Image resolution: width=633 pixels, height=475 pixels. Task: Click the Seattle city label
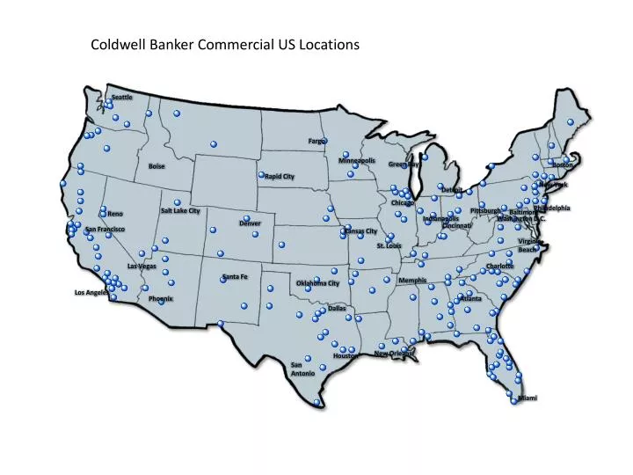coord(122,97)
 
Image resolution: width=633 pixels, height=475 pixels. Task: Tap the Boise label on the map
coord(156,166)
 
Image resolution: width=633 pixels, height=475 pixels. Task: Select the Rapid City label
coord(280,177)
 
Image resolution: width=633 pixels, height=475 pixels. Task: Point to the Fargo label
coord(317,141)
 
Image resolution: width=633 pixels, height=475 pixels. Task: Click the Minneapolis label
coord(357,161)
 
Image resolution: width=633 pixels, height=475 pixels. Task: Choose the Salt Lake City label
coord(180,211)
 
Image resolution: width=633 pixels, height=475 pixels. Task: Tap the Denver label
coord(250,223)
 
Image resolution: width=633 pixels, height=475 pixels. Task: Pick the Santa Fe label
coord(236,277)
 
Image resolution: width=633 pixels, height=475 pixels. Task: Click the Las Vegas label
coord(142,266)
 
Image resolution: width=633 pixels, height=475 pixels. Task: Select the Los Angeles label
coord(91,292)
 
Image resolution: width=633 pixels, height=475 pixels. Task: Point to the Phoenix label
coord(161,299)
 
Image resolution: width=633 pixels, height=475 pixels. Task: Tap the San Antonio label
coord(302,369)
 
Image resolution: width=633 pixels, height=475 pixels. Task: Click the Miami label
coord(527,398)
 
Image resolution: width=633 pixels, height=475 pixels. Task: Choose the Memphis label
coord(412,281)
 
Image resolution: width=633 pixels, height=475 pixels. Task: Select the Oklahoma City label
coord(317,283)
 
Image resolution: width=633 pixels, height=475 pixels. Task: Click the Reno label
coord(116,214)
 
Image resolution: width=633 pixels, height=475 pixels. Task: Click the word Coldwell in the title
coord(117,44)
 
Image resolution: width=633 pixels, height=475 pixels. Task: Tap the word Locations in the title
coord(330,44)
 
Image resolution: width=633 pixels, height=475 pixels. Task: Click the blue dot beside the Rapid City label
coord(261,175)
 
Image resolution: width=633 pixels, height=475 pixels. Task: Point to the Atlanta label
coord(471,299)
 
